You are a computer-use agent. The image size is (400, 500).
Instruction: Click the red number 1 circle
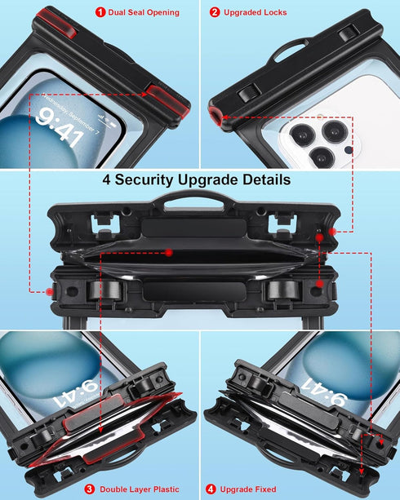pos(100,12)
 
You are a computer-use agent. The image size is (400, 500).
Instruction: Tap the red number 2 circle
pos(215,12)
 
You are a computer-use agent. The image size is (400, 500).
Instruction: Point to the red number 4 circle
pos(211,489)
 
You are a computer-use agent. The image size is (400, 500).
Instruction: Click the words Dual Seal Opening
pos(144,12)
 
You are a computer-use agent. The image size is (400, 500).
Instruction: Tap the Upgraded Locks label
pos(254,12)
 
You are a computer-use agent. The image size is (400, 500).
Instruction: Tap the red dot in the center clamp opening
pos(167,252)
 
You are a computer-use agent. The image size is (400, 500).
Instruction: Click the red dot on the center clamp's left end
pos(51,290)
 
